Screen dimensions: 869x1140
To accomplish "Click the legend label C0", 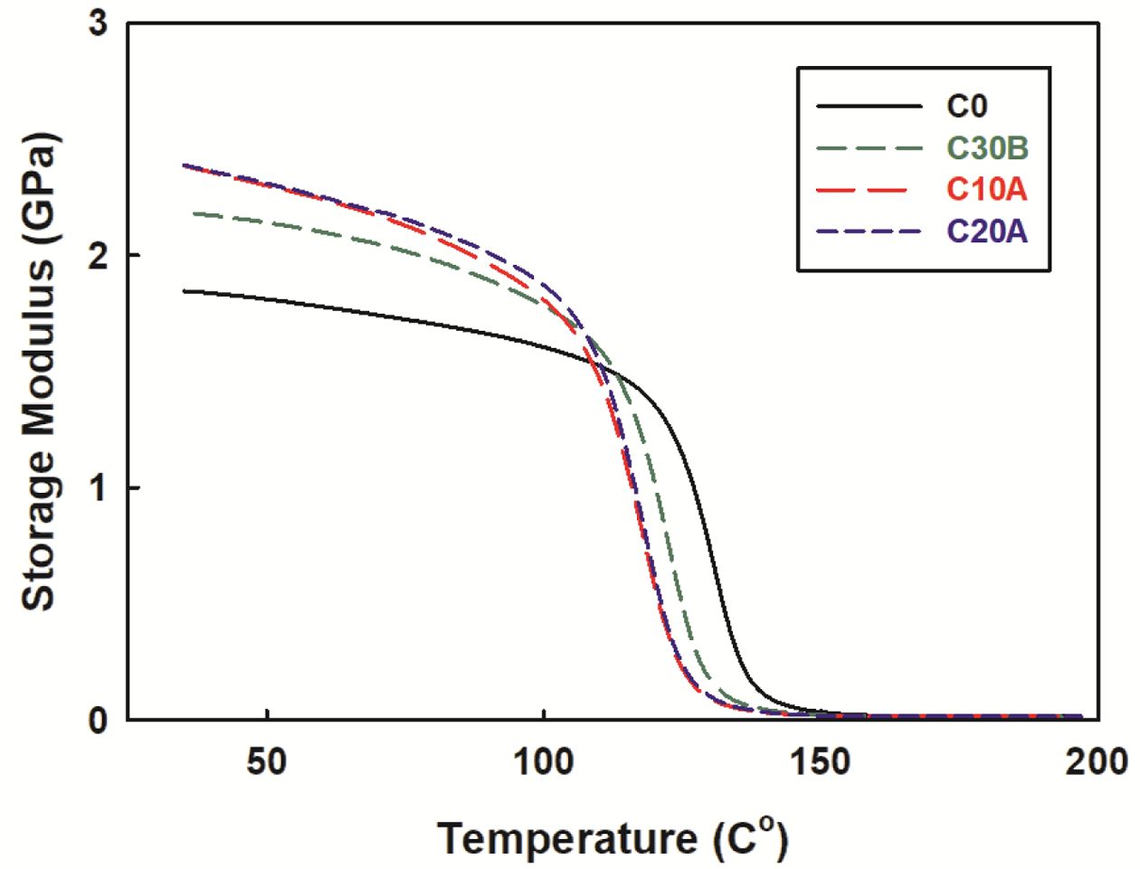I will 966,106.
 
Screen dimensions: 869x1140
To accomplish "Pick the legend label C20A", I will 987,231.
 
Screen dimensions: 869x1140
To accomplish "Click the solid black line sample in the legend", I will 865,107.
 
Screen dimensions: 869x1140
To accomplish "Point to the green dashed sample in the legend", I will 865,148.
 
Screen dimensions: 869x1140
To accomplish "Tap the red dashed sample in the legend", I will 865,190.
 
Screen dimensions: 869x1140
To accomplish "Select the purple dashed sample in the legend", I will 865,231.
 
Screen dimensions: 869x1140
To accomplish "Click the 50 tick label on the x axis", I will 267,761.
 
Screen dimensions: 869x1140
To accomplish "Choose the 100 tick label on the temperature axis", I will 543,761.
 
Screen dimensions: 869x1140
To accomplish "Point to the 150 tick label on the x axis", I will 820,761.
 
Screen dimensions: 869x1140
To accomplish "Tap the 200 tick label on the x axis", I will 1096,761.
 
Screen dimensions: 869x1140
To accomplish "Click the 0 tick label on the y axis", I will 97,721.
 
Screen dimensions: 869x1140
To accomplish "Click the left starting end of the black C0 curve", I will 184,291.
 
